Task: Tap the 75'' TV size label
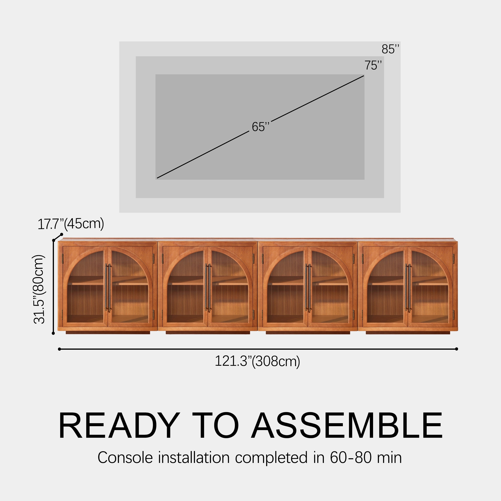(373, 65)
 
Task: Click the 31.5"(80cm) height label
(39, 289)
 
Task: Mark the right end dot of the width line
(456, 349)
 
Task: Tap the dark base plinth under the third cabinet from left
(308, 332)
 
